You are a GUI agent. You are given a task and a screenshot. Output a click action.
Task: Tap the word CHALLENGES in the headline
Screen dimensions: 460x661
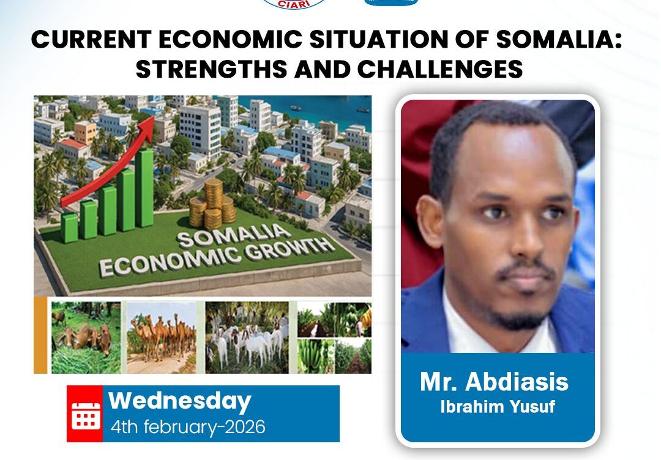coord(440,70)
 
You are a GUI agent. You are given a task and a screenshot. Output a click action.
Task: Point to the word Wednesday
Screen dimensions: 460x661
coord(180,401)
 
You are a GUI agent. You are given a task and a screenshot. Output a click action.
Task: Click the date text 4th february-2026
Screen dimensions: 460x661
coord(188,426)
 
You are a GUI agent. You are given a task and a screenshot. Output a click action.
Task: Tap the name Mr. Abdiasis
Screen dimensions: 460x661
coord(494,382)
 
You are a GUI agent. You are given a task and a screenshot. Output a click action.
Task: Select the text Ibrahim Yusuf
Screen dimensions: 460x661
coord(497,407)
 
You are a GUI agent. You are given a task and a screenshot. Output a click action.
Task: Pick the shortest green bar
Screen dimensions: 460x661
coord(69,227)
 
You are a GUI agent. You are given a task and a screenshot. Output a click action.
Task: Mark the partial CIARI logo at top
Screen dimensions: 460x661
coord(294,4)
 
